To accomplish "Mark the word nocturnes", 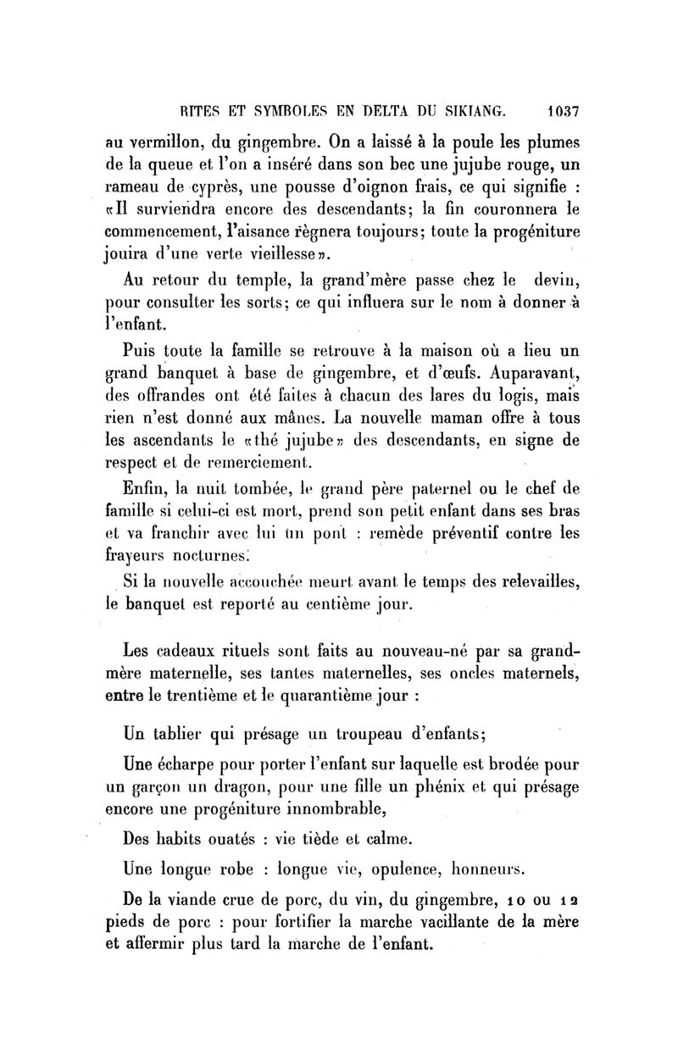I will pyautogui.click(x=208, y=557).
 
